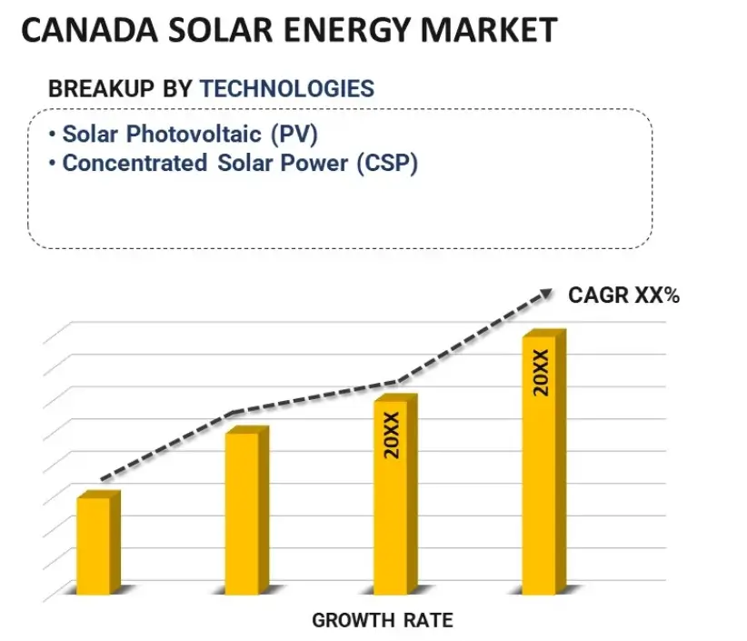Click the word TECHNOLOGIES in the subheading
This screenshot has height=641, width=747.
point(286,88)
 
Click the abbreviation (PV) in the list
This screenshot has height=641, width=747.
point(294,134)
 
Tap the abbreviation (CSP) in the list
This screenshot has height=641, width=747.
point(386,164)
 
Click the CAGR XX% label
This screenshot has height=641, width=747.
point(623,295)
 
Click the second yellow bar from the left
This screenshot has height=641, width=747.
point(242,514)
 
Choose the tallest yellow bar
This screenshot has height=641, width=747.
point(540,464)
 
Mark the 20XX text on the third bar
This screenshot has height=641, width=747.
point(392,435)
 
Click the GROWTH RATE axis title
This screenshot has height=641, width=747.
point(382,621)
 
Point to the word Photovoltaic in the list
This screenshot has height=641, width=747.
point(194,134)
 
